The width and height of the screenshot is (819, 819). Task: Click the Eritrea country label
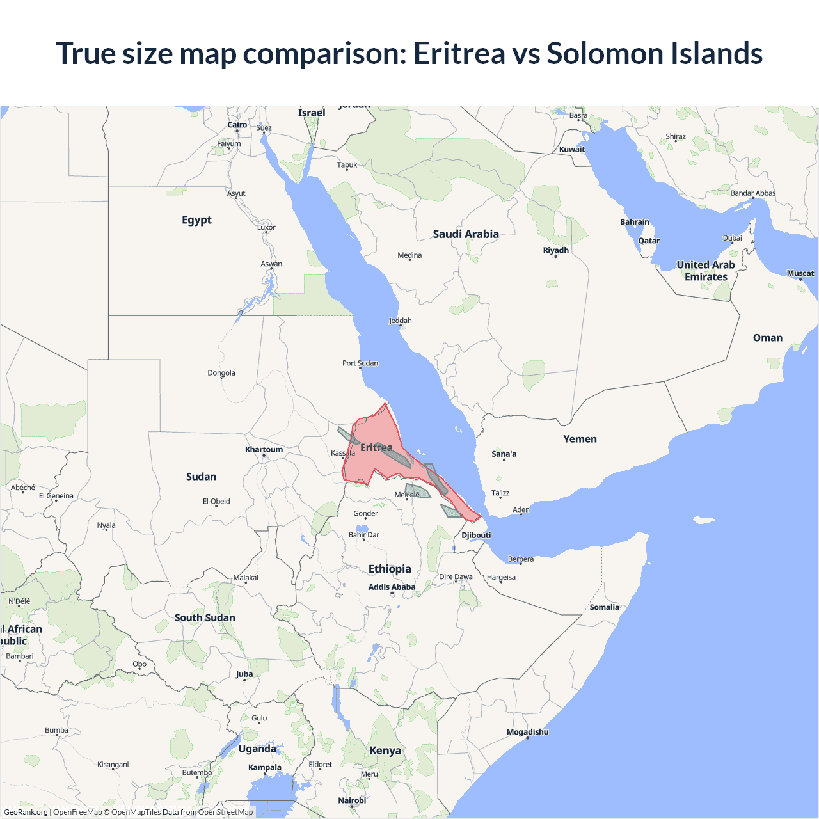[x=376, y=448]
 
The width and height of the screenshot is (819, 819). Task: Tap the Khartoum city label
[x=264, y=449]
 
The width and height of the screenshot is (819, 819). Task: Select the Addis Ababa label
[x=392, y=587]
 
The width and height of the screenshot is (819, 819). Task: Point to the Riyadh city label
[x=555, y=250]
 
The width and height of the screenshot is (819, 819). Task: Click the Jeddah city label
[x=400, y=321]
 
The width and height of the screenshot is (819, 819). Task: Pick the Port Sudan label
[x=360, y=363]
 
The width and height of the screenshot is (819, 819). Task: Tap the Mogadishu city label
[x=527, y=732]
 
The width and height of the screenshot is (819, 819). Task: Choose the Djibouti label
[x=476, y=535]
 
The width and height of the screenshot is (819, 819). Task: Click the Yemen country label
[x=580, y=439]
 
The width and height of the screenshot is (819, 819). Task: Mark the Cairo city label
[x=237, y=125]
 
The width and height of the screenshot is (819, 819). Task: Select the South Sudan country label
[x=205, y=617]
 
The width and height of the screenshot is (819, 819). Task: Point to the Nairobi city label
[x=352, y=800]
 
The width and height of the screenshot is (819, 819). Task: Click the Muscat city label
[x=800, y=273]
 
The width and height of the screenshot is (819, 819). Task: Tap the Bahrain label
[x=634, y=222]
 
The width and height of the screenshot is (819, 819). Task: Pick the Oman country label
[x=767, y=338]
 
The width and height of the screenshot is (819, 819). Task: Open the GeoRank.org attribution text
[x=26, y=812]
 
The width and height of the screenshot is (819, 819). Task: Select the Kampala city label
[x=265, y=767]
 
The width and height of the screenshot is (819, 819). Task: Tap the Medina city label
[x=409, y=255]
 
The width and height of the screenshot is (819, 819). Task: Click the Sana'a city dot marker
[x=504, y=460]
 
